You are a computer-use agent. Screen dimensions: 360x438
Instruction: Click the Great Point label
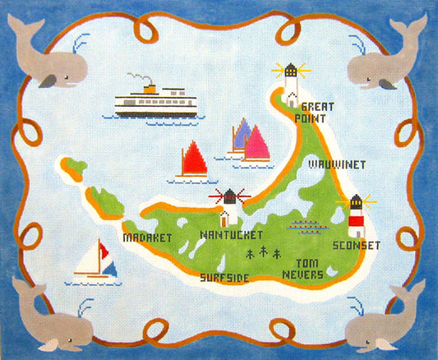[319, 112]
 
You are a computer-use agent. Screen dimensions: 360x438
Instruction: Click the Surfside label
[224, 276]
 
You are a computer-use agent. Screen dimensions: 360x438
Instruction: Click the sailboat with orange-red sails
[193, 161]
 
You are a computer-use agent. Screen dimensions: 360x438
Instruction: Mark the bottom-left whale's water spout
[85, 307]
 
